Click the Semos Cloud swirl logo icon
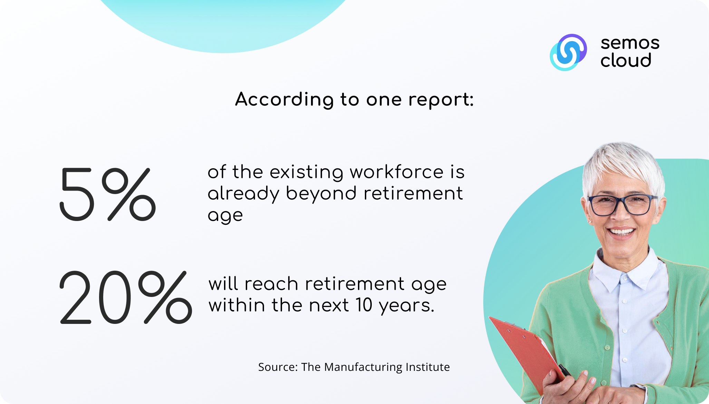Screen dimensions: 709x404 click(568, 52)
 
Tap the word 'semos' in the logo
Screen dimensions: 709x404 click(630, 43)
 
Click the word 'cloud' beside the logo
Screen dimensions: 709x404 click(626, 60)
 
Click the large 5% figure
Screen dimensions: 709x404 click(108, 194)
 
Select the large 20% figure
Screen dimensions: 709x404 click(126, 297)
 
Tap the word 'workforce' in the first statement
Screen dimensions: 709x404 click(397, 172)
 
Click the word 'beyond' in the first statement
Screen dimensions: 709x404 click(321, 194)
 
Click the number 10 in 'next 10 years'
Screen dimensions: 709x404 click(364, 305)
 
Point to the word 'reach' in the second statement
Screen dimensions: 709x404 click(271, 284)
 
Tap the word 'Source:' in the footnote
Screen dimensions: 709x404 click(278, 367)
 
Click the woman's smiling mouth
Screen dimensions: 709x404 click(621, 231)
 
